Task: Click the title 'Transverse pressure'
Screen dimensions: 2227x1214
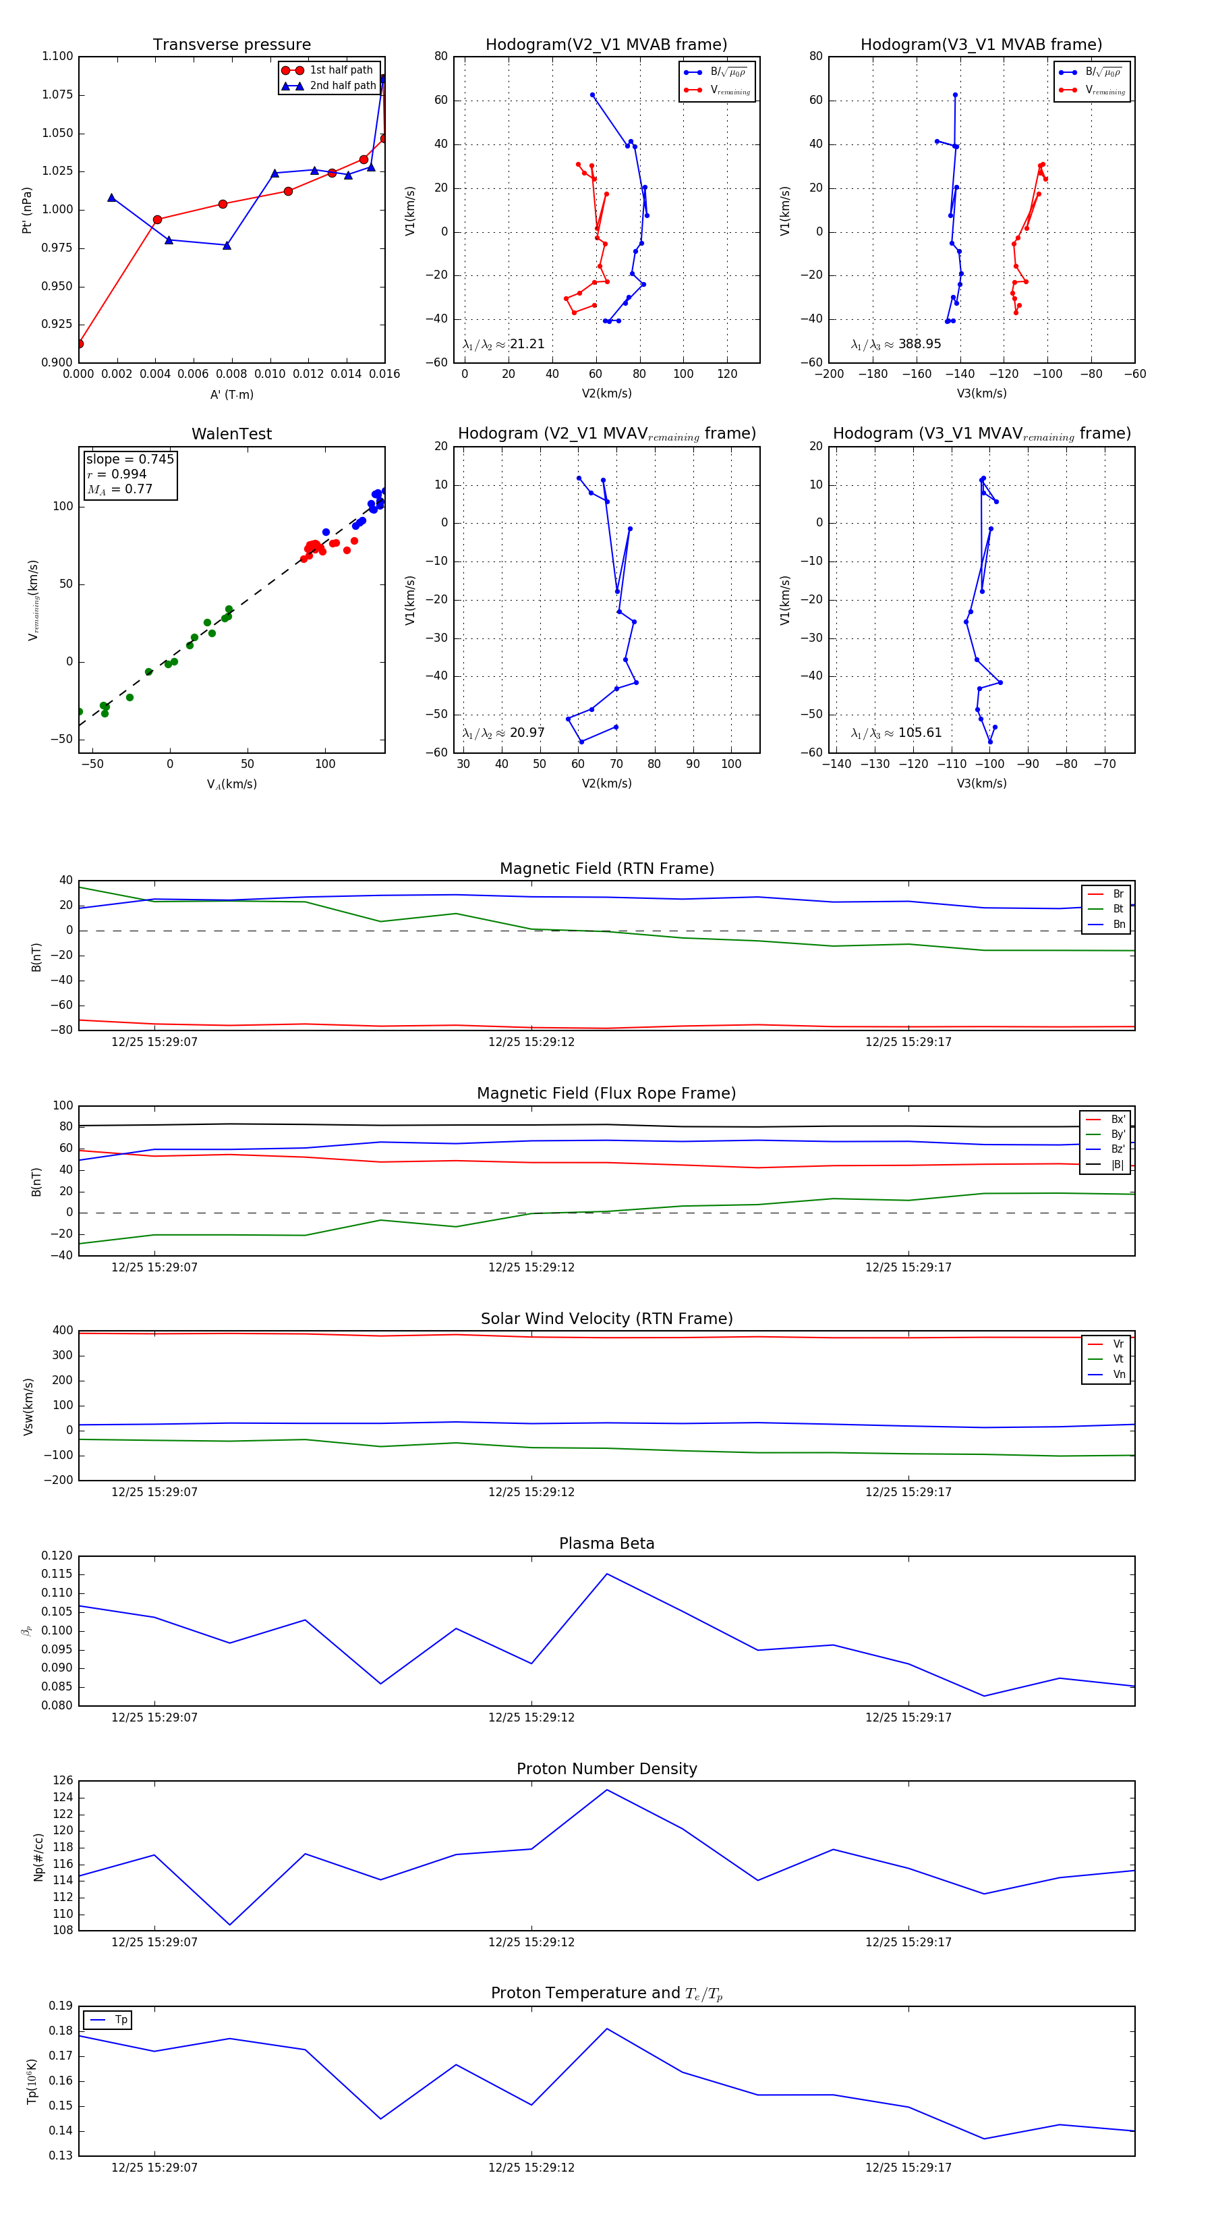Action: click(231, 45)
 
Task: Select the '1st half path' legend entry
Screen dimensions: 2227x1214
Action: click(341, 70)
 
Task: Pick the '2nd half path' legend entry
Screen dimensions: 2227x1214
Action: click(342, 86)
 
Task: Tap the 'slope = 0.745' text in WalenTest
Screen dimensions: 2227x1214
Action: click(129, 459)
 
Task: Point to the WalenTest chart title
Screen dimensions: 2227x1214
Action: click(231, 434)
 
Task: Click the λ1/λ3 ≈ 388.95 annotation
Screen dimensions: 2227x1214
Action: click(896, 344)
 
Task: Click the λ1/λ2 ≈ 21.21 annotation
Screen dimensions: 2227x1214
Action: click(504, 344)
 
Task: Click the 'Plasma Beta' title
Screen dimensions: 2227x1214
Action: click(606, 1543)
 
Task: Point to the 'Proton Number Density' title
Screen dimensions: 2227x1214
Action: click(606, 1769)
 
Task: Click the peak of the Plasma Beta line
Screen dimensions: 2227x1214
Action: click(606, 1574)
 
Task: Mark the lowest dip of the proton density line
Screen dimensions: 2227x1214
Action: click(230, 1925)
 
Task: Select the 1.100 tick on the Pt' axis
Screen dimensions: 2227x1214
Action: click(58, 56)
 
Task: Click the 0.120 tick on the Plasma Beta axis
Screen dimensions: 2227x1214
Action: click(58, 1556)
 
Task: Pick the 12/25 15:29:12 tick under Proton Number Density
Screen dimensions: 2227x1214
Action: click(531, 1942)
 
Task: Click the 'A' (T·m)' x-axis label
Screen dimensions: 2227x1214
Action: click(231, 394)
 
